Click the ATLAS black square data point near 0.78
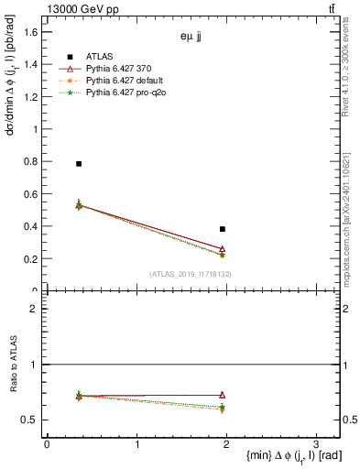79,164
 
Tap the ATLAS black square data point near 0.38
223,229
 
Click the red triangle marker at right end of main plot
223,248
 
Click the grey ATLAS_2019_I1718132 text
191,274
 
